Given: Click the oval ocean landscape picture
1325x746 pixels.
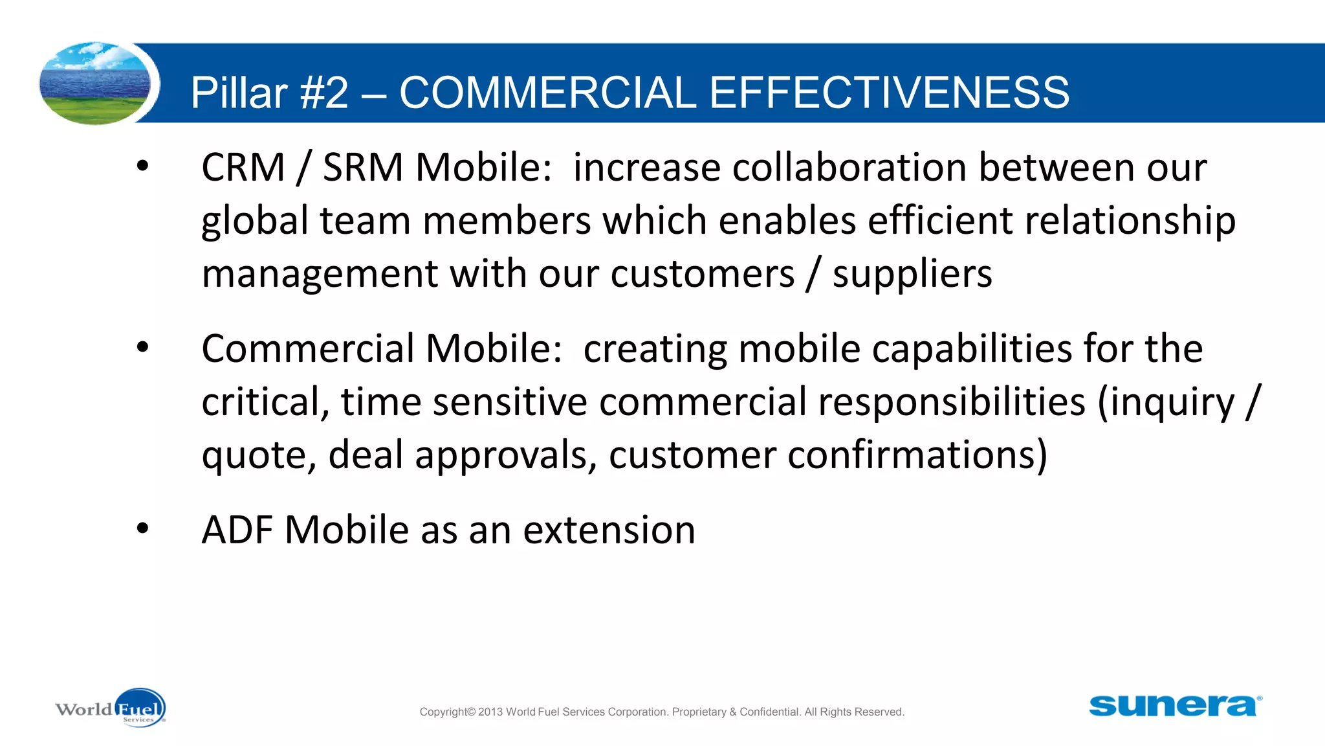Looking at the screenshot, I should coord(95,83).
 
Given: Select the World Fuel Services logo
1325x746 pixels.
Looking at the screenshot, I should coord(111,708).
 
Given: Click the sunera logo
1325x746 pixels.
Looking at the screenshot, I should coord(1175,706).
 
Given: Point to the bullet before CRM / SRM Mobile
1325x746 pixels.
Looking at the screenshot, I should coord(142,166).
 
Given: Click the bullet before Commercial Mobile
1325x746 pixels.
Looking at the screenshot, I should coord(142,348).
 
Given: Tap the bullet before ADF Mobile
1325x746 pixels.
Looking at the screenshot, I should coord(142,528).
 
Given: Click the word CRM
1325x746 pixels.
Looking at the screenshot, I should coord(243,168).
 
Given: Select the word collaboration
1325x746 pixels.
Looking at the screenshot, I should coord(849,168).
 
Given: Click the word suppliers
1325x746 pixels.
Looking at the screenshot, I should coord(912,275).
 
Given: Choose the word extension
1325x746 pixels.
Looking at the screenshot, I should coord(609,530).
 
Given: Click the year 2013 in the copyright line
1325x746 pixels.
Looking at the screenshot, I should coord(490,712).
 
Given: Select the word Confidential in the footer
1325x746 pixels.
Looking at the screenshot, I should coord(769,712).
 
